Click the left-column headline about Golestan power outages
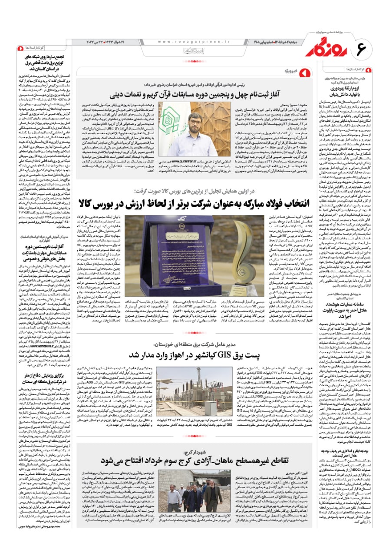tap(40, 63)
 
